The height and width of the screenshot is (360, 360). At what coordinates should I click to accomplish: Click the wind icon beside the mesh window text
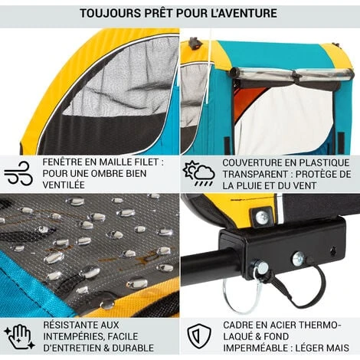18,173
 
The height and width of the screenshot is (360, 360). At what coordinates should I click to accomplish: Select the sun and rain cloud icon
198,173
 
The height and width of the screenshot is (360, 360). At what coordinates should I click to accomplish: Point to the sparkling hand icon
19,337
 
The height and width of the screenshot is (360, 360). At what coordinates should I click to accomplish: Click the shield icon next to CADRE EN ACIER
199,336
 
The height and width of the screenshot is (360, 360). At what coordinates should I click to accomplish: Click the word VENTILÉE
64,185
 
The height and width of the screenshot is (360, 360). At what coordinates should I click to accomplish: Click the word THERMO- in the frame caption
319,326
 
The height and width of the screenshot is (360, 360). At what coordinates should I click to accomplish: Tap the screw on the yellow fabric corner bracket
261,217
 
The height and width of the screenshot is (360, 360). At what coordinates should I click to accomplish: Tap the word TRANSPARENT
257,174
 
